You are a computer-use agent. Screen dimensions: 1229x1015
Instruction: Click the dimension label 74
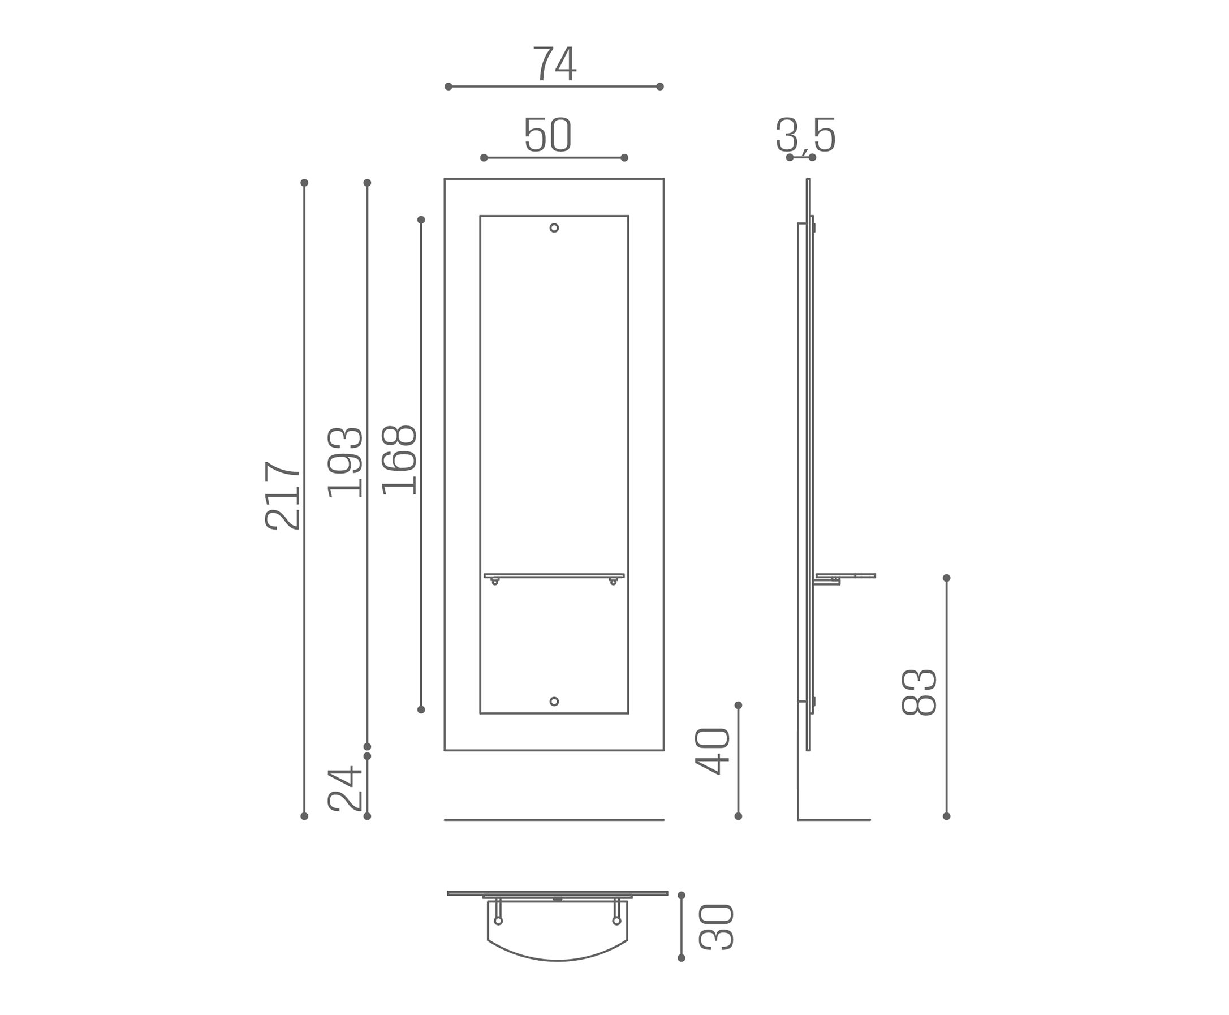(x=554, y=63)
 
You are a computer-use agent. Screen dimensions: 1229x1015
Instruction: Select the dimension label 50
(x=547, y=135)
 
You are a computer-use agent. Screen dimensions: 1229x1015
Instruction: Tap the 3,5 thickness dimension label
(x=805, y=135)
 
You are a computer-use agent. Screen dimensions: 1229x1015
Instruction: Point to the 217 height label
(x=283, y=496)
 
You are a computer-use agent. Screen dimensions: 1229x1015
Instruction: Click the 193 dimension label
(x=345, y=462)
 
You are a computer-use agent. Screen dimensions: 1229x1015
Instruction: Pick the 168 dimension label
(x=399, y=460)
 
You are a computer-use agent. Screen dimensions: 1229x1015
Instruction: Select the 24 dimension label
(x=345, y=789)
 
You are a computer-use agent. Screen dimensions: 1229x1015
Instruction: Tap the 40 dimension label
(x=713, y=751)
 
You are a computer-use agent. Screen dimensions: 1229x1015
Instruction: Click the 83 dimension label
(x=919, y=693)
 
